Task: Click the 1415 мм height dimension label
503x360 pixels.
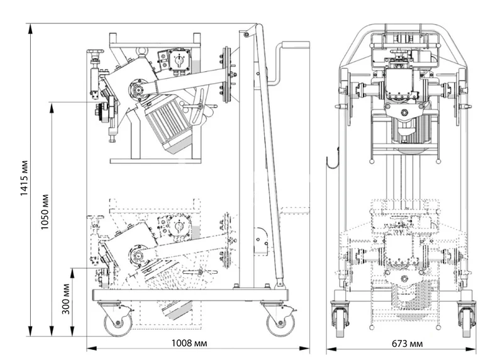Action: [x=25, y=177]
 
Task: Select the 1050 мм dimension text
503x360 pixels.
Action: [x=45, y=211]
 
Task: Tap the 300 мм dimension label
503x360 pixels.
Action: [x=66, y=299]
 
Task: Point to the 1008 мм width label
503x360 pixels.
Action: [x=189, y=343]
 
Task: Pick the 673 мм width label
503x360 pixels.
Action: [x=407, y=344]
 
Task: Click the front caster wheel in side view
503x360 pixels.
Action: [x=118, y=323]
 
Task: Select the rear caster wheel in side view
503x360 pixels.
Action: [x=280, y=323]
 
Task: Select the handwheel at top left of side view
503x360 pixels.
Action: [x=95, y=52]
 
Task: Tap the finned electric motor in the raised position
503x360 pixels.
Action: [x=169, y=123]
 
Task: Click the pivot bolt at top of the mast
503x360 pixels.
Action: [x=246, y=35]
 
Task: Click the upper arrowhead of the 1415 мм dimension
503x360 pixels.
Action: [x=30, y=28]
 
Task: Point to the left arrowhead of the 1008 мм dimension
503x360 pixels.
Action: [x=92, y=349]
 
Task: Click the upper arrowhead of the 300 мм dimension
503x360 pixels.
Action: [x=72, y=273]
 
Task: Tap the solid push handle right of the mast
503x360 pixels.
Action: [x=289, y=63]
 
